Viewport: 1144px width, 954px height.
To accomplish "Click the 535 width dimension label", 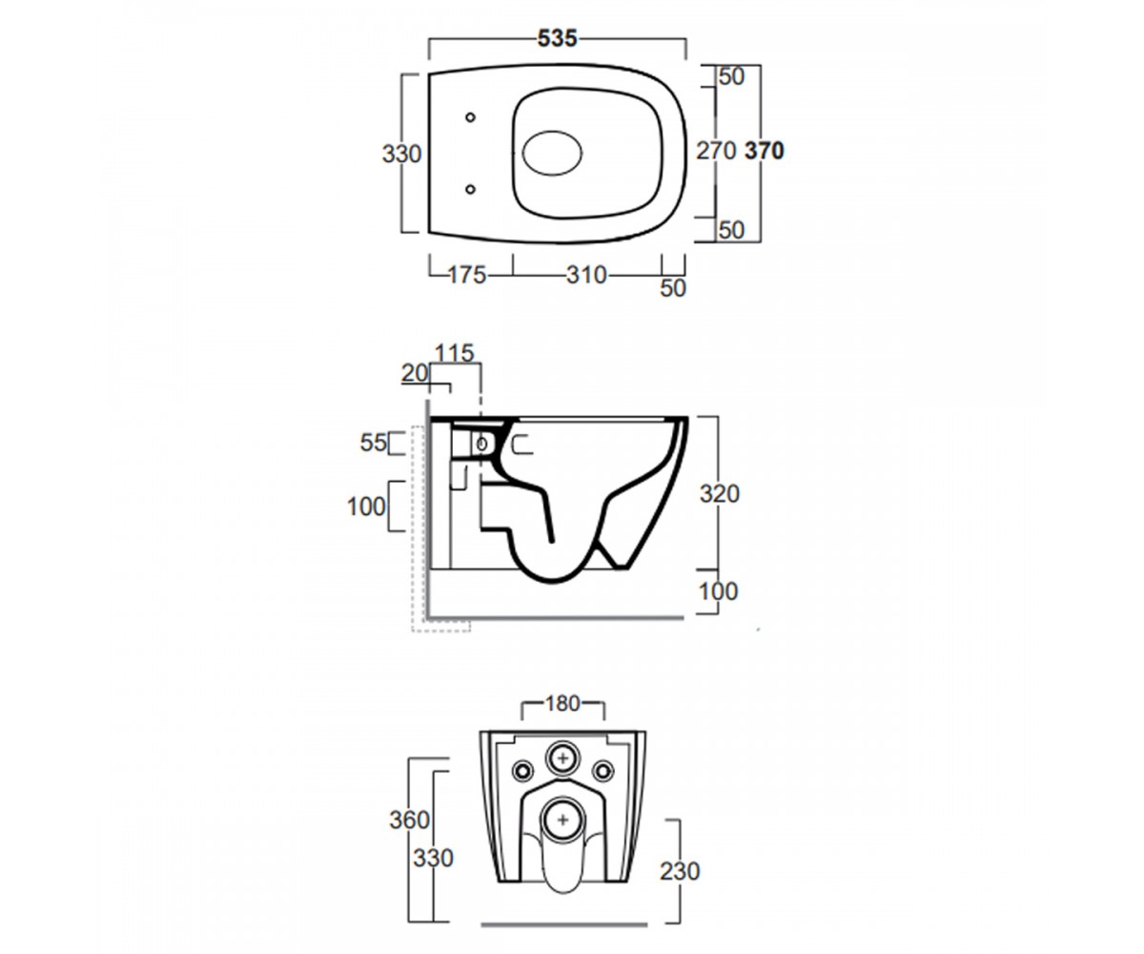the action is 557,38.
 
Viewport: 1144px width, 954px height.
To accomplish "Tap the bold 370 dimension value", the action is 765,151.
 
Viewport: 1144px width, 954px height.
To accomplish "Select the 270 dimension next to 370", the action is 716,151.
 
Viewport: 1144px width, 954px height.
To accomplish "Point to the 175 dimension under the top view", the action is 467,275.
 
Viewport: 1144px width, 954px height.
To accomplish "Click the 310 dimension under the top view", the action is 586,275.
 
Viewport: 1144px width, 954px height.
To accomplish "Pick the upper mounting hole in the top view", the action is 470,117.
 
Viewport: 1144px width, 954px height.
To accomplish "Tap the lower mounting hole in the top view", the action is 470,189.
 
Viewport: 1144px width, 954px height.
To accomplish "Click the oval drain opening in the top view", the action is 552,153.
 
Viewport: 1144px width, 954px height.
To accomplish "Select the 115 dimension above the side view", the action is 454,353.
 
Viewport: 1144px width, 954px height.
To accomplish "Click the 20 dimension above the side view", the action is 415,373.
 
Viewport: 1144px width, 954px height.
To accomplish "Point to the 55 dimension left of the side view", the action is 373,443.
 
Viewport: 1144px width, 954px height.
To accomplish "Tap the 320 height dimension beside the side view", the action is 720,494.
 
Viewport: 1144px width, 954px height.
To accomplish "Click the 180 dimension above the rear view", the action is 562,703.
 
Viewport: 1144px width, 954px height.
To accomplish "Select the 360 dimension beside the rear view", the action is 409,820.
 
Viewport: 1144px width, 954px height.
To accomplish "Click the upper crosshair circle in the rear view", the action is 562,758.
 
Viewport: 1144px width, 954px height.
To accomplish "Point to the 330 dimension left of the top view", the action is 401,154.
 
